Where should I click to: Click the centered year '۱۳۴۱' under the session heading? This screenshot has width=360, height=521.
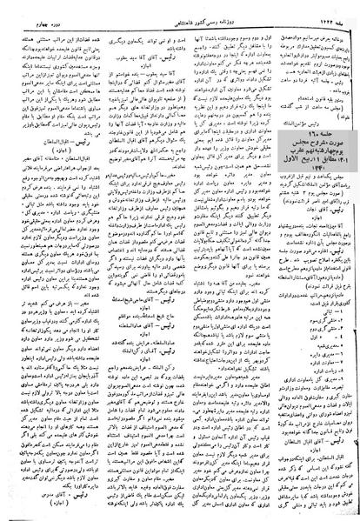[x=303, y=158]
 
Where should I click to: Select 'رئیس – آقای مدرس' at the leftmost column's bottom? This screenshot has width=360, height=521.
[x=52, y=494]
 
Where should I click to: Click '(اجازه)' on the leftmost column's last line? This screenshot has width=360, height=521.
[x=52, y=503]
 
